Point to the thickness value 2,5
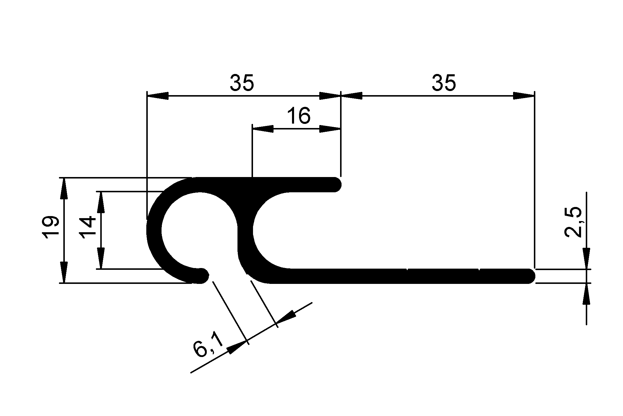coord(573,222)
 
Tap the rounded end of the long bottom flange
coord(530,276)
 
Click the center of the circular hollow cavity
coord(199,230)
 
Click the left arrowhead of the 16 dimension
coord(262,129)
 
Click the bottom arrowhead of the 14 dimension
coord(101,258)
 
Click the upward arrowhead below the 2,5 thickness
coord(586,294)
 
